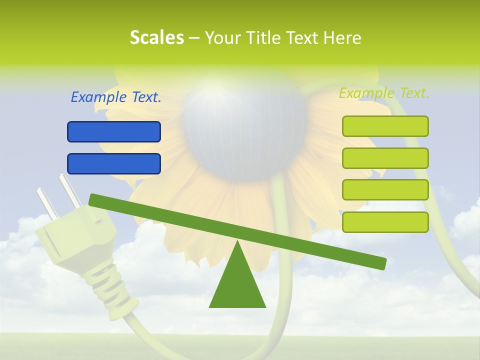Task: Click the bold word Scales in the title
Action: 156,37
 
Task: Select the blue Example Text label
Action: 116,97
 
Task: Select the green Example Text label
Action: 384,93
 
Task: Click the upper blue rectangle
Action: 114,132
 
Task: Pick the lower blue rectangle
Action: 114,163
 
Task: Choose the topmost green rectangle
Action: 385,126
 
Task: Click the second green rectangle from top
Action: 385,158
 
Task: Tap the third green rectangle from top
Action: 385,189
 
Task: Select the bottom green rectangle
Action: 385,222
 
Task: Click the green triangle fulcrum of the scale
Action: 237,285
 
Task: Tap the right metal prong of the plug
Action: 69,190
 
